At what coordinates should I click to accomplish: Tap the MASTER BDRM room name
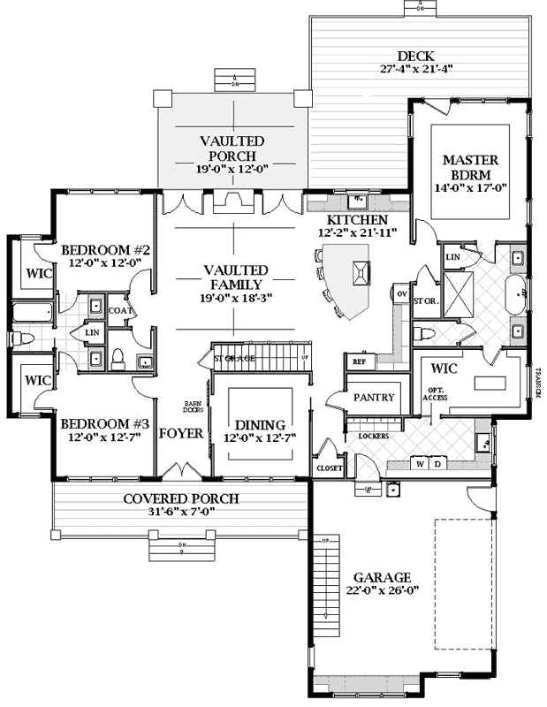click(x=471, y=168)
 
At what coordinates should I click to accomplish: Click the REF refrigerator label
click(x=359, y=361)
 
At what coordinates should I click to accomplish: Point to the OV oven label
click(x=401, y=293)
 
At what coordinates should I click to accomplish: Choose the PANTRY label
click(x=374, y=398)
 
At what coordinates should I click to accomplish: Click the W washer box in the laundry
click(x=421, y=464)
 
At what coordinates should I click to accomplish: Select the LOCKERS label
click(x=361, y=436)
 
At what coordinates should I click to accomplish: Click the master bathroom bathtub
click(x=517, y=296)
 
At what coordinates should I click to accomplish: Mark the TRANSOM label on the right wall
click(x=536, y=381)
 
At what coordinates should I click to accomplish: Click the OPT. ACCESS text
click(x=436, y=394)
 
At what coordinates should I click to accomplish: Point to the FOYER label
click(x=181, y=434)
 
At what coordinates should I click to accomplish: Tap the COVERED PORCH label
click(x=180, y=498)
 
